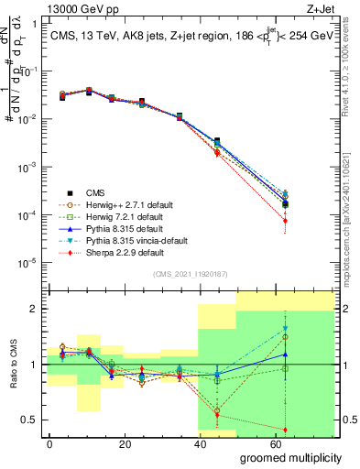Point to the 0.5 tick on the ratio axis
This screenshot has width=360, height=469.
coord(37,420)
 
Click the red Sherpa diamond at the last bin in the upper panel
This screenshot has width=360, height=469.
coord(286,221)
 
